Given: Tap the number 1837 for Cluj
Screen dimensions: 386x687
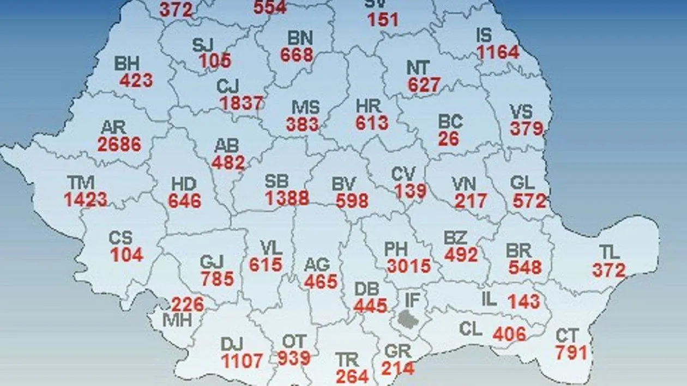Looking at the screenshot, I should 242,103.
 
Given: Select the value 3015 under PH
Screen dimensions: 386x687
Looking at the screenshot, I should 409,266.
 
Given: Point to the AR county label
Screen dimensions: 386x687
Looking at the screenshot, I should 113,128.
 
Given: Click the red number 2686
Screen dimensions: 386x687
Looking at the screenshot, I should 119,144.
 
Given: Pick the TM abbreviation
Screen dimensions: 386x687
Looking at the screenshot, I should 80,182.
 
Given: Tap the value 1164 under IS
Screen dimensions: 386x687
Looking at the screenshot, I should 498,53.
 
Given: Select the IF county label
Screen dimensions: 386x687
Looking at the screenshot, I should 413,299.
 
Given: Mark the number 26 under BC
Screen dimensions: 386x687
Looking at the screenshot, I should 448,138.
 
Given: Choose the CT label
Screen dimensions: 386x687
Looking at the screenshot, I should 567,336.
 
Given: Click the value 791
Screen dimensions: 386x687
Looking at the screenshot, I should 571,353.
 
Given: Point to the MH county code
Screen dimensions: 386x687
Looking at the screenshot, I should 178,320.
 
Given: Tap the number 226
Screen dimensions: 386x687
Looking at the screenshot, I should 188,304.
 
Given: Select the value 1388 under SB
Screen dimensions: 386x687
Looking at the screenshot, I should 287,198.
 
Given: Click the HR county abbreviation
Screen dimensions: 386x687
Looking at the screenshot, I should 368,106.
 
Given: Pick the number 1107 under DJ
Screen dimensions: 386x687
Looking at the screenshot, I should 242,360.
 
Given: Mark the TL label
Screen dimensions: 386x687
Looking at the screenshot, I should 610,252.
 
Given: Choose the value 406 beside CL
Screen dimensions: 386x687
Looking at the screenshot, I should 509,333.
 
